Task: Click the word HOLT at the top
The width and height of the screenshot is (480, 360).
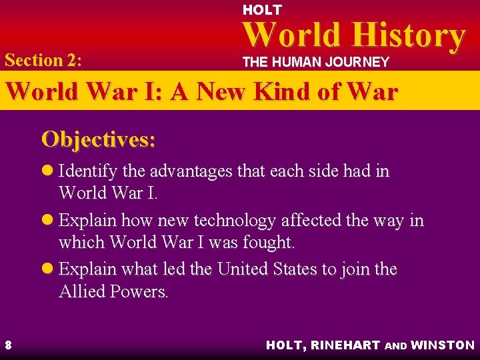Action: click(262, 10)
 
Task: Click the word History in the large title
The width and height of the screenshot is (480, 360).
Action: click(410, 36)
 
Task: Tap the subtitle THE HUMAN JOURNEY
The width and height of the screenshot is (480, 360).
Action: click(315, 62)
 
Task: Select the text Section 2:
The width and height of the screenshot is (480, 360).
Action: click(43, 60)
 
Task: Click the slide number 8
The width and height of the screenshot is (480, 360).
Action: click(8, 345)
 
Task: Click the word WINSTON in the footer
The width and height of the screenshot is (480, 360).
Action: click(443, 345)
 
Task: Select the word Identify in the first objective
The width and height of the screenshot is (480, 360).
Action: click(85, 171)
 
